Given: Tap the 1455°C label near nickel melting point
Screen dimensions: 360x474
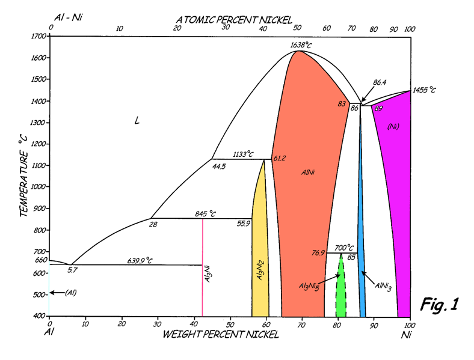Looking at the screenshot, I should pyautogui.click(x=423, y=90).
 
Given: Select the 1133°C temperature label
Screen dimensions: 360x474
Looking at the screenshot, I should pyautogui.click(x=242, y=154).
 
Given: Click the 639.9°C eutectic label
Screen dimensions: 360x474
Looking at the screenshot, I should pyautogui.click(x=140, y=260).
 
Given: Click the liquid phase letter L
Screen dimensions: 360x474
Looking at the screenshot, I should pyautogui.click(x=137, y=121).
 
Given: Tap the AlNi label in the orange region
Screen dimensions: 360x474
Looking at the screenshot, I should pyautogui.click(x=308, y=172).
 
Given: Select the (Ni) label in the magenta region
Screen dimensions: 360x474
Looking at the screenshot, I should pyautogui.click(x=393, y=126).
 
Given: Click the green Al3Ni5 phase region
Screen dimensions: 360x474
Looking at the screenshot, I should pyautogui.click(x=341, y=288).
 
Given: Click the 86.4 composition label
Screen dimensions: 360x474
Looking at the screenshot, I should pyautogui.click(x=380, y=82).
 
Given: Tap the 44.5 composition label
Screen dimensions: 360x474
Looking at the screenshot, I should pyautogui.click(x=218, y=166).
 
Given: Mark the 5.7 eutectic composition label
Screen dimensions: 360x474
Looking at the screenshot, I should pyautogui.click(x=72, y=270).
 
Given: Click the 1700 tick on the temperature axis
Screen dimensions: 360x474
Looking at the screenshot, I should pyautogui.click(x=38, y=36).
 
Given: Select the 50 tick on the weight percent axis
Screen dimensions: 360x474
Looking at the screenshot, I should pyautogui.click(x=230, y=325).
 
